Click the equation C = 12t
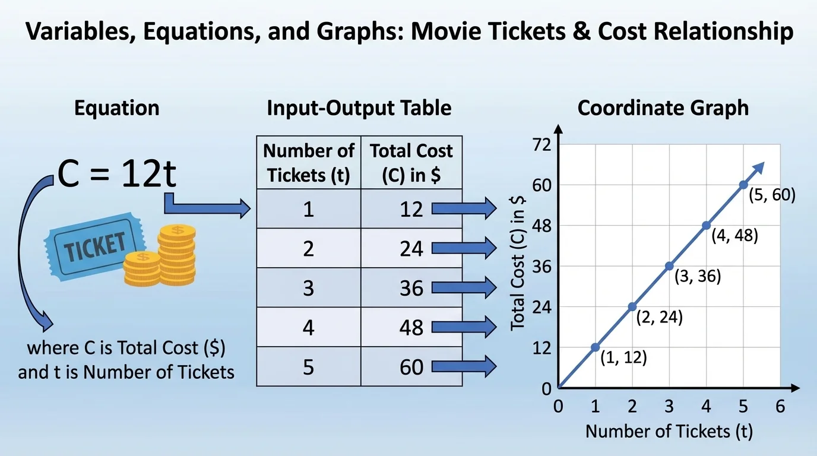click(117, 175)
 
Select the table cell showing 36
click(411, 288)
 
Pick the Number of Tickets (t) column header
click(308, 163)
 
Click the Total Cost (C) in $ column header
click(411, 163)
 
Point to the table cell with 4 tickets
click(308, 327)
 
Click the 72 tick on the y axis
click(543, 145)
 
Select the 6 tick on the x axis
click(780, 406)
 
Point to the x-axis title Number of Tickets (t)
click(669, 432)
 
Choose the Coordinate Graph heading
click(663, 108)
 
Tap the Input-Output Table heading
click(359, 108)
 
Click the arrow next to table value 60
click(464, 366)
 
